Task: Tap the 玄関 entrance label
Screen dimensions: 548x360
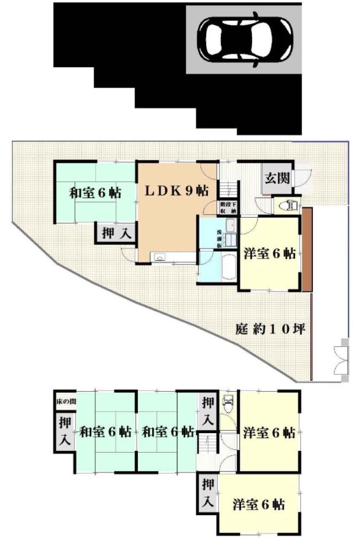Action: [x=277, y=177]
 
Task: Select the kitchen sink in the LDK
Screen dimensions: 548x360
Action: [x=158, y=256]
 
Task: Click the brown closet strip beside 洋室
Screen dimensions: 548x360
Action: [x=307, y=249]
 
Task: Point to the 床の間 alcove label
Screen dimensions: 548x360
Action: [x=65, y=400]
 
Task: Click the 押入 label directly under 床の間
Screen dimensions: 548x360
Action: [x=65, y=431]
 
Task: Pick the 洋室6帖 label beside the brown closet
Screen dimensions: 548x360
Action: [x=269, y=253]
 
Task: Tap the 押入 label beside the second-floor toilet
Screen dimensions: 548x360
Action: [x=207, y=411]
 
